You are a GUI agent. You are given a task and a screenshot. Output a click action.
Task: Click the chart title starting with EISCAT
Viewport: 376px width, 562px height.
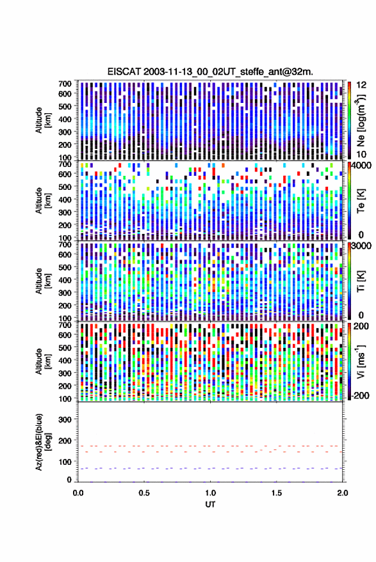(210, 72)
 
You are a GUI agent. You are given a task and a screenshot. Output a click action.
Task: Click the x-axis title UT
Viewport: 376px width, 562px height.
(211, 504)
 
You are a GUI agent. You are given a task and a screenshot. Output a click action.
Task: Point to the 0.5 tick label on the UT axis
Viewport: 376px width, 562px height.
(144, 493)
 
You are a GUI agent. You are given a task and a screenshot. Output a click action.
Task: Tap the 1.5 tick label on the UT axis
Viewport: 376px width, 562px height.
(277, 493)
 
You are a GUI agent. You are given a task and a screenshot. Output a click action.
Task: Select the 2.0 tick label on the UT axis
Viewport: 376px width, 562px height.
(343, 493)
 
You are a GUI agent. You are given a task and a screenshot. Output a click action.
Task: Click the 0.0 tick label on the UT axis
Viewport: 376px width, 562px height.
(78, 493)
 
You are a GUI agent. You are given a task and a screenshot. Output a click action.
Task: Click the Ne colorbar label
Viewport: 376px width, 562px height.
(360, 120)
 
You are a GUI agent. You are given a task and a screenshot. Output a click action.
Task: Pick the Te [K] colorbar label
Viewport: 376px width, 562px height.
(361, 201)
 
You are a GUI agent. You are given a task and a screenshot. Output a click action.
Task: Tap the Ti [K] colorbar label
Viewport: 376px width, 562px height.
(361, 281)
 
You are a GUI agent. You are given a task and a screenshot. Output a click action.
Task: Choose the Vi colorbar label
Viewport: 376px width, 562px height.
(360, 361)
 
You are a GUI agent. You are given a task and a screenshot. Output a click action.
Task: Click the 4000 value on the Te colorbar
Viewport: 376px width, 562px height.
(361, 166)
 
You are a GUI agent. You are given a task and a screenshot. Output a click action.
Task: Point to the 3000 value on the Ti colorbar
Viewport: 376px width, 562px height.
(361, 246)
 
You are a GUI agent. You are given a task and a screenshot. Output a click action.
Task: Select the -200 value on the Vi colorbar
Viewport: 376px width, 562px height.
(360, 395)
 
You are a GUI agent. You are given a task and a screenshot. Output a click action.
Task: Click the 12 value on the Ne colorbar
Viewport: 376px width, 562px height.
(361, 85)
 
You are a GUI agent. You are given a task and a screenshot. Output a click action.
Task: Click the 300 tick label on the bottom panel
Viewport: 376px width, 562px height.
(65, 419)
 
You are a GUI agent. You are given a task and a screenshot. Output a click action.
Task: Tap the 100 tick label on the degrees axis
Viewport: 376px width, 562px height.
(65, 462)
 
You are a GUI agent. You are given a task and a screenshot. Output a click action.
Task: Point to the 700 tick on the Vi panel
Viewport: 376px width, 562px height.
(65, 325)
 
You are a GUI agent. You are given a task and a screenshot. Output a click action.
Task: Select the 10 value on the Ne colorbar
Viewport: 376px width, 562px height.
(361, 154)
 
